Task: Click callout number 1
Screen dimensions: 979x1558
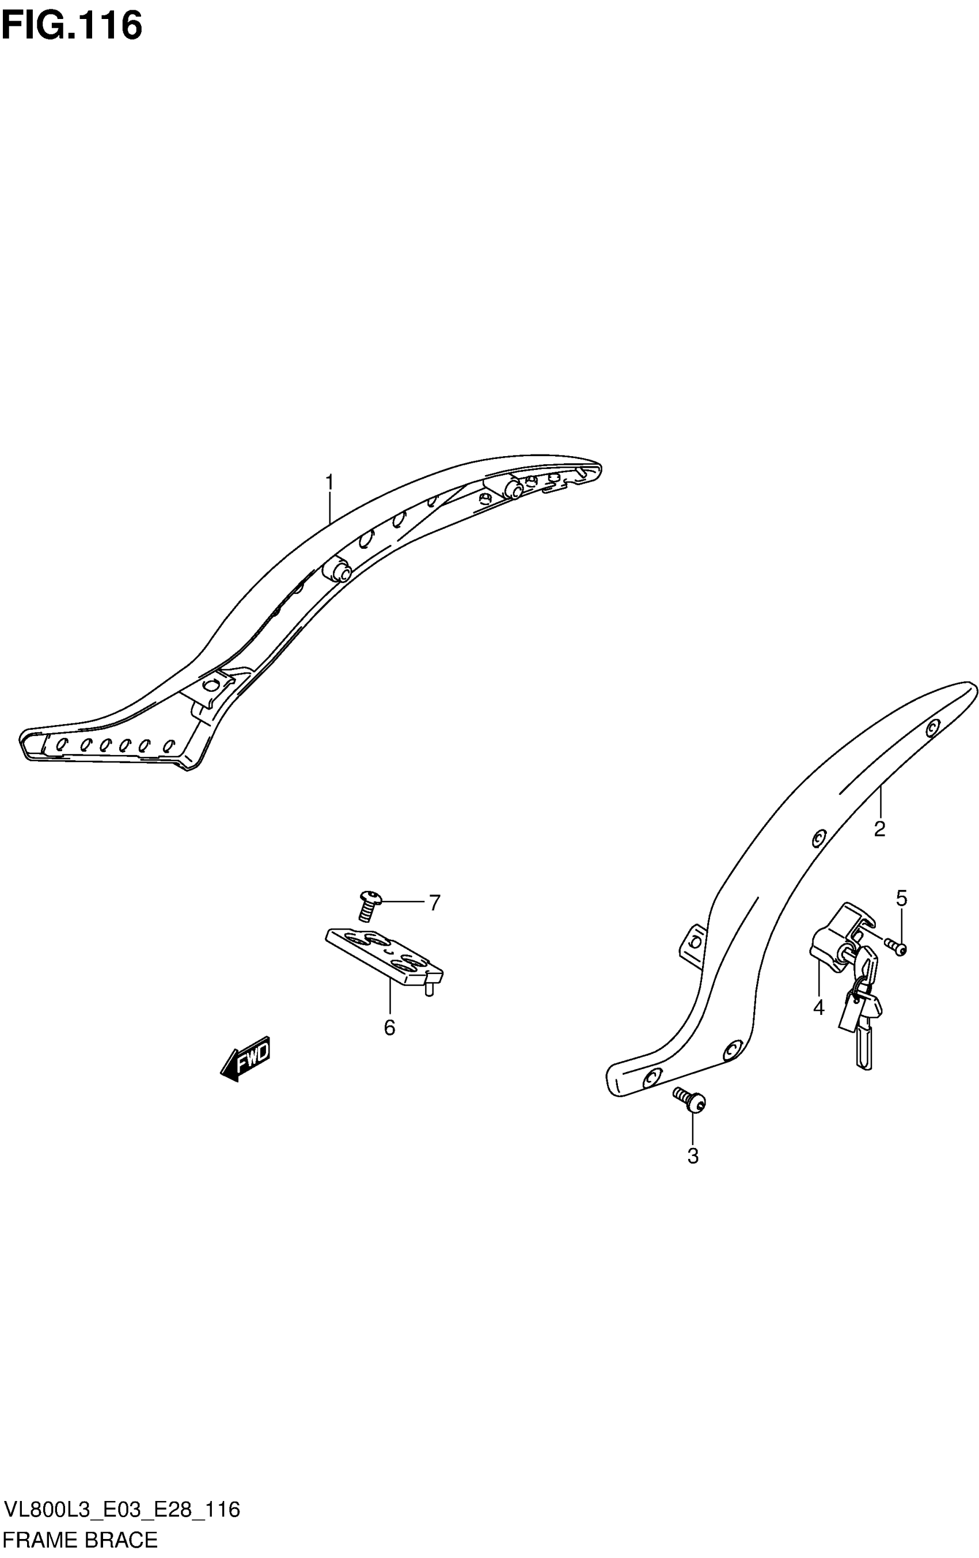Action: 329,483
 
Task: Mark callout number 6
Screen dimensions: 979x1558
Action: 389,1027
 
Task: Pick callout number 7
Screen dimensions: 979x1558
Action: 435,902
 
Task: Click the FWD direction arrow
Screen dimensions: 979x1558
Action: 246,1059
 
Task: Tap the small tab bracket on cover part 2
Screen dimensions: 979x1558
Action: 692,943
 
